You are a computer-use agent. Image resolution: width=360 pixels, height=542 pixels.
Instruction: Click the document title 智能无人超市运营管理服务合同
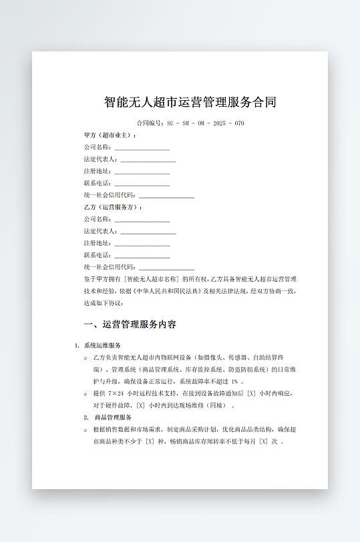point(190,102)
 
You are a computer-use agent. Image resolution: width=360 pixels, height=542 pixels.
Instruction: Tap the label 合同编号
point(149,123)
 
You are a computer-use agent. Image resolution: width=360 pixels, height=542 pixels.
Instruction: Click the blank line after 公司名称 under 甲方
point(142,148)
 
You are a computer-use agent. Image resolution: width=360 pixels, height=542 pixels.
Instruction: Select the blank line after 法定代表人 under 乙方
point(148,232)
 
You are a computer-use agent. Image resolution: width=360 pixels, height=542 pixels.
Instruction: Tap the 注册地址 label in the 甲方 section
point(98,172)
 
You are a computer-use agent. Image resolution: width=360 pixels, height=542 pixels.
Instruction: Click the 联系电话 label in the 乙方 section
point(98,256)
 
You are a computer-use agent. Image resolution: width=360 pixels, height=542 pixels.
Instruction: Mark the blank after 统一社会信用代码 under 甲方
point(166,196)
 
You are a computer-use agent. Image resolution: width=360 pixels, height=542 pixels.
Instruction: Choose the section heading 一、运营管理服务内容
point(130,325)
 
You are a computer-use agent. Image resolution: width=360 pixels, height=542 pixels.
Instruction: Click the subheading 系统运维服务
point(102,346)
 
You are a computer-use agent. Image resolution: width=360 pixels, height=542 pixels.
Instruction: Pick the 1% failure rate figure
point(235,381)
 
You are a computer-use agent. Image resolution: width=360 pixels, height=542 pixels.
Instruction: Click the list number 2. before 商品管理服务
point(86,417)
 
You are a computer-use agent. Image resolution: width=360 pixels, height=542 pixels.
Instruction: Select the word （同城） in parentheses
point(215,405)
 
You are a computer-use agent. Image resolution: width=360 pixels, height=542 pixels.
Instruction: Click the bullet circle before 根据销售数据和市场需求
point(86,430)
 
